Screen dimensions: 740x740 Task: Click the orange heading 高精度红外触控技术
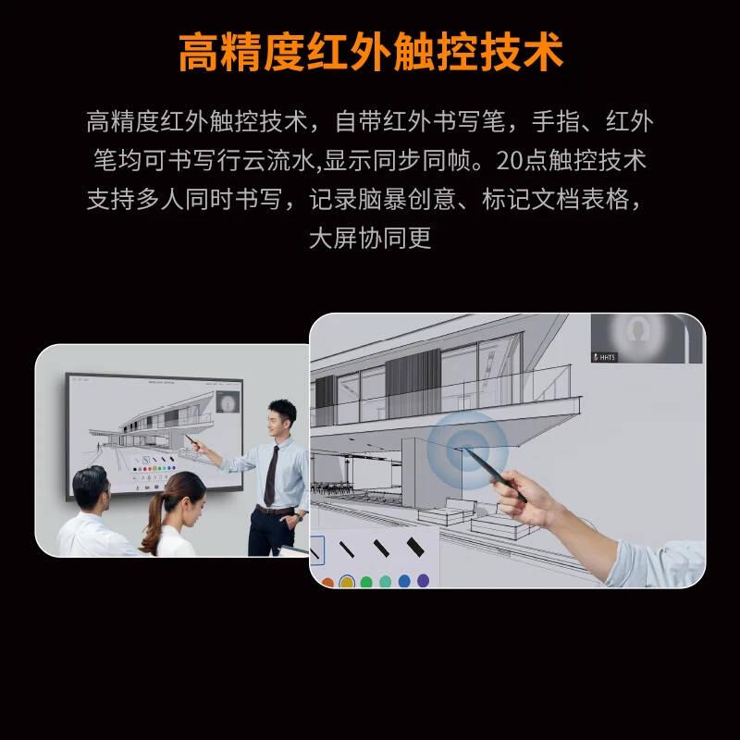tap(370, 52)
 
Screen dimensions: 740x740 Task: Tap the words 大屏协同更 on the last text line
tap(370, 239)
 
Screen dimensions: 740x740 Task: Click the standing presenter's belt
tap(275, 510)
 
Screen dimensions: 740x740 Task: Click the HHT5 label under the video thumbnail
tap(607, 356)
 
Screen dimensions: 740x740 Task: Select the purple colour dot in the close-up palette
tap(424, 581)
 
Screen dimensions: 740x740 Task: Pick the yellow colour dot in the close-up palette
tap(346, 583)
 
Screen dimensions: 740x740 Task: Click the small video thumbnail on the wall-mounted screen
tap(228, 401)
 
